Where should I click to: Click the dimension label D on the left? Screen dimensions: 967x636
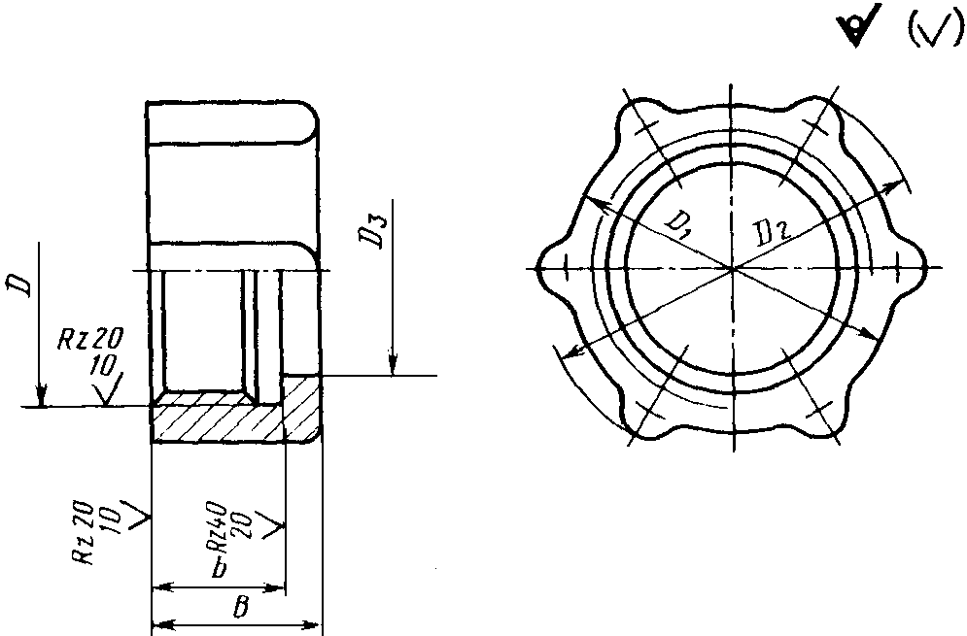(22, 285)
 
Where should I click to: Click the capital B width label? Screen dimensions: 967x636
(242, 607)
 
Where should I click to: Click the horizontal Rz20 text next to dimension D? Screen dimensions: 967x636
(90, 339)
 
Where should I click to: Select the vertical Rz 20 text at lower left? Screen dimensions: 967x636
(84, 533)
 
